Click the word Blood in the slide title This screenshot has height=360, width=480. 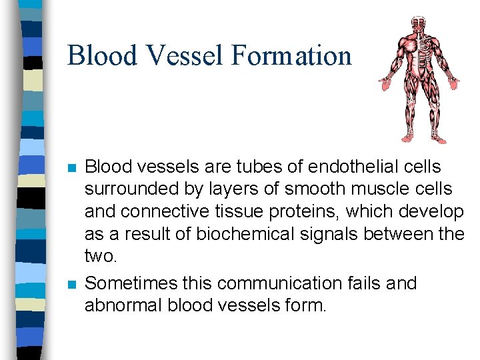tap(102, 55)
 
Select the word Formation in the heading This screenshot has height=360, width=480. tap(292, 55)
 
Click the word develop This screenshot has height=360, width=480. tap(432, 213)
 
